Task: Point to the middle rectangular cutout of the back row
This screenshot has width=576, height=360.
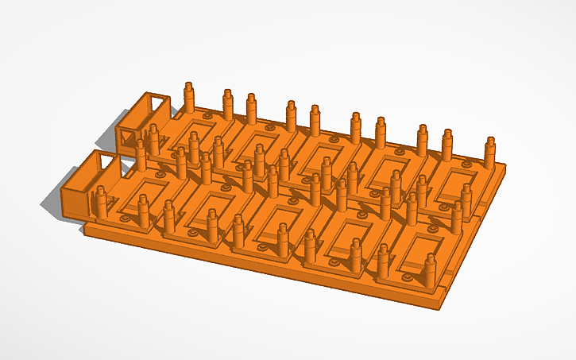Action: (322, 156)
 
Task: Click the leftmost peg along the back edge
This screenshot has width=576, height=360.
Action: (189, 96)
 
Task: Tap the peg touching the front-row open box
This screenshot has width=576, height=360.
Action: (102, 203)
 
